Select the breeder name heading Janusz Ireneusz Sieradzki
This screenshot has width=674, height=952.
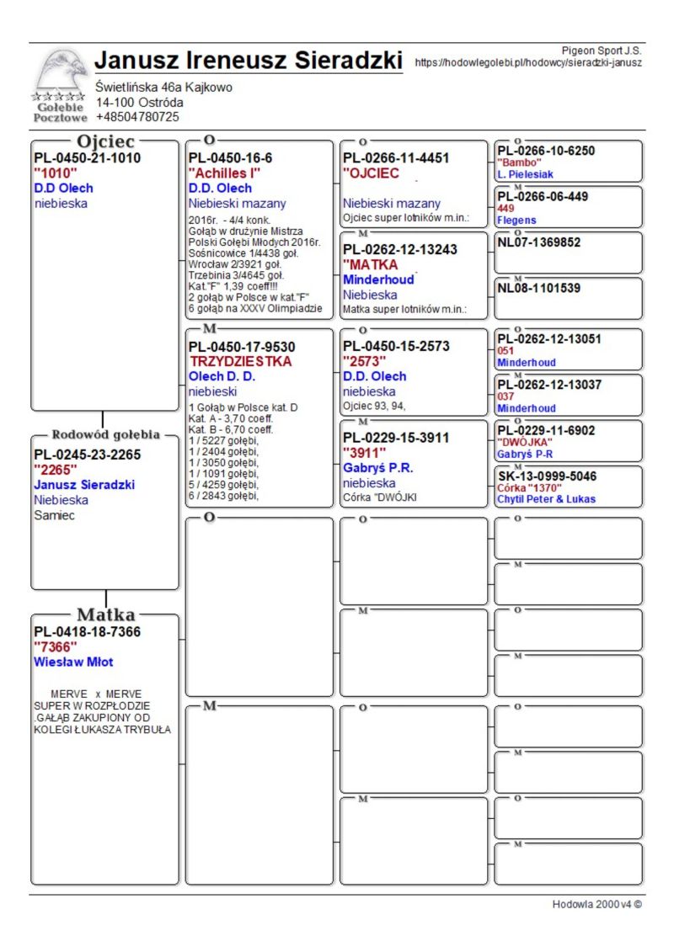click(249, 61)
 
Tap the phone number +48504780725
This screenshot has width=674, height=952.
click(137, 117)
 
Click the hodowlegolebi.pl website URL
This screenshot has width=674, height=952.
click(529, 62)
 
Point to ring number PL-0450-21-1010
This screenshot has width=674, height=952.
click(87, 158)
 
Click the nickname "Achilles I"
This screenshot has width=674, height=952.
click(224, 173)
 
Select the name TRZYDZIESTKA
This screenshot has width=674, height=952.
click(241, 361)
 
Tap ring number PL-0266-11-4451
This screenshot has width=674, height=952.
click(396, 158)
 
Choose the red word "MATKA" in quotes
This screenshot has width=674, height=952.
click(371, 264)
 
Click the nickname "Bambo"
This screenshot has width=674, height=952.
click(517, 162)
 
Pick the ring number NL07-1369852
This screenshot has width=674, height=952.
click(539, 242)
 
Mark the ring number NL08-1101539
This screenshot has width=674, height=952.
click(539, 288)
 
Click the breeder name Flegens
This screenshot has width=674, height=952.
click(516, 221)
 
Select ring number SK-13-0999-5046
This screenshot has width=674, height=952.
click(547, 476)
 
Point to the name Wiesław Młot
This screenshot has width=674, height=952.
click(73, 662)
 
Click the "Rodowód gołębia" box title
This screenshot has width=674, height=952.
click(106, 435)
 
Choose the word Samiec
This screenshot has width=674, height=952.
click(54, 515)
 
